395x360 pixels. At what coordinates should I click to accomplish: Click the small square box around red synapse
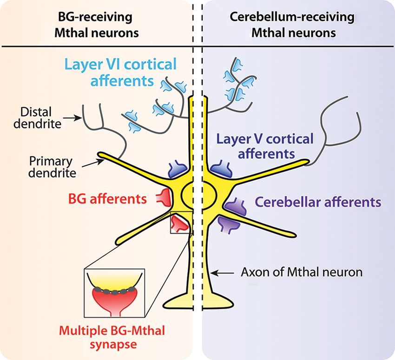pos(180,223)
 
